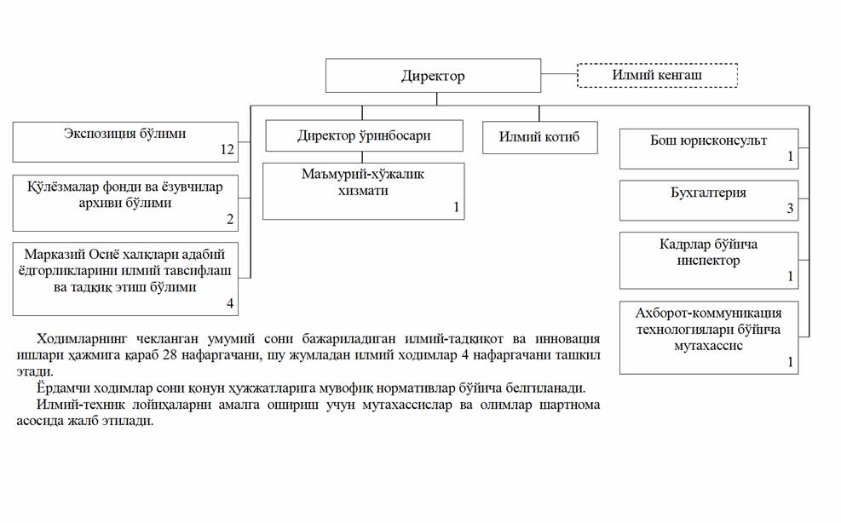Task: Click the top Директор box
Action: click(433, 76)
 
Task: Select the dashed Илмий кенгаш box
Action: click(657, 75)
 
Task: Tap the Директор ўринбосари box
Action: click(364, 135)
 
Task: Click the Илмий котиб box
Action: click(539, 137)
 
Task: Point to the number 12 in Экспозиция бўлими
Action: click(228, 150)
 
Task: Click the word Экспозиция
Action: click(100, 134)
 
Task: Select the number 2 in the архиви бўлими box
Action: click(230, 219)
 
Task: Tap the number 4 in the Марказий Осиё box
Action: click(230, 303)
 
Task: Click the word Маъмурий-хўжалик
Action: click(363, 175)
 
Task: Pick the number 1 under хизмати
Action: click(457, 207)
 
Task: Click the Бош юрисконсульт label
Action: click(709, 141)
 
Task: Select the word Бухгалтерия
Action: click(709, 193)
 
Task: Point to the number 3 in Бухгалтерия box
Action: click(790, 208)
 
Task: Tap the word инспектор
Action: click(709, 261)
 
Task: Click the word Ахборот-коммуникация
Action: click(709, 313)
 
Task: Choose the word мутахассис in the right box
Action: click(709, 346)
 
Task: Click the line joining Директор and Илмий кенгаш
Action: click(559, 75)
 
